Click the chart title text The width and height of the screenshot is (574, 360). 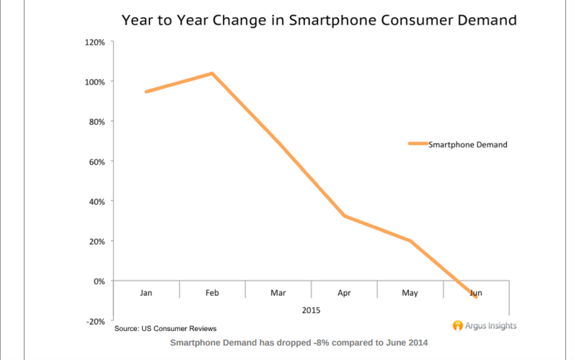[x=319, y=20]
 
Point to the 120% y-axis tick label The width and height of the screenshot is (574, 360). [x=95, y=43]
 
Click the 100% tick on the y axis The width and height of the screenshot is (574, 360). [x=95, y=82]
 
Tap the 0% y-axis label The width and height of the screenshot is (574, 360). [x=100, y=281]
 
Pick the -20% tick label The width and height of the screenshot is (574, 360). [x=95, y=321]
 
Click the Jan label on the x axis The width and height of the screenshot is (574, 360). [x=146, y=293]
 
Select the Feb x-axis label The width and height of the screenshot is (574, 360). [x=212, y=293]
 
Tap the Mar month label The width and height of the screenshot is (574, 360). [x=278, y=293]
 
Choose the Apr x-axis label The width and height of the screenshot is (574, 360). [x=344, y=293]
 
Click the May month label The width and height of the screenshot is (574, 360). [x=410, y=293]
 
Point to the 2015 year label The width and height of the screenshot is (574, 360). [x=312, y=309]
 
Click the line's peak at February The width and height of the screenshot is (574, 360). [x=212, y=74]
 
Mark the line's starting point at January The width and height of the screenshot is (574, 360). [x=146, y=92]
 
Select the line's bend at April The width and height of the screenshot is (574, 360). [x=344, y=216]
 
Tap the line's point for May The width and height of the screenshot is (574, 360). [x=410, y=241]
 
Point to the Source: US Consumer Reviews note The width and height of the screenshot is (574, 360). [x=165, y=329]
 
